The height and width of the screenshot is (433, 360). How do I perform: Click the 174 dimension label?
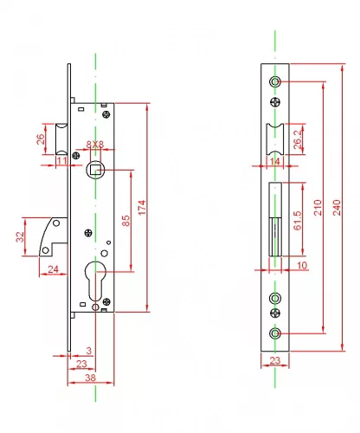pyautogui.click(x=142, y=207)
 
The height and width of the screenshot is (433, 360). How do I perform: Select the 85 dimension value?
pyautogui.click(x=125, y=221)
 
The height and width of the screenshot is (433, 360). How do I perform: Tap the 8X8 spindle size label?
pyautogui.click(x=95, y=144)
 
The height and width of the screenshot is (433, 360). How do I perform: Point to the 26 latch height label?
pyautogui.click(x=41, y=139)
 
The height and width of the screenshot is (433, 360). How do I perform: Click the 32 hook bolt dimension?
pyautogui.click(x=20, y=236)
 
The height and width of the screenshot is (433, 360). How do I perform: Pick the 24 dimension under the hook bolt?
pyautogui.click(x=53, y=269)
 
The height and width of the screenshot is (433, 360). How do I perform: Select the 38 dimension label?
pyautogui.click(x=90, y=378)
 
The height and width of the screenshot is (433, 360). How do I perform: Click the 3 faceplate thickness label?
pyautogui.click(x=89, y=351)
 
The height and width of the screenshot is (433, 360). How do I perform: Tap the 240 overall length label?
pyautogui.click(x=337, y=207)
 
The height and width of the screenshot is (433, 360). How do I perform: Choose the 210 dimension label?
pyautogui.click(x=318, y=207)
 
